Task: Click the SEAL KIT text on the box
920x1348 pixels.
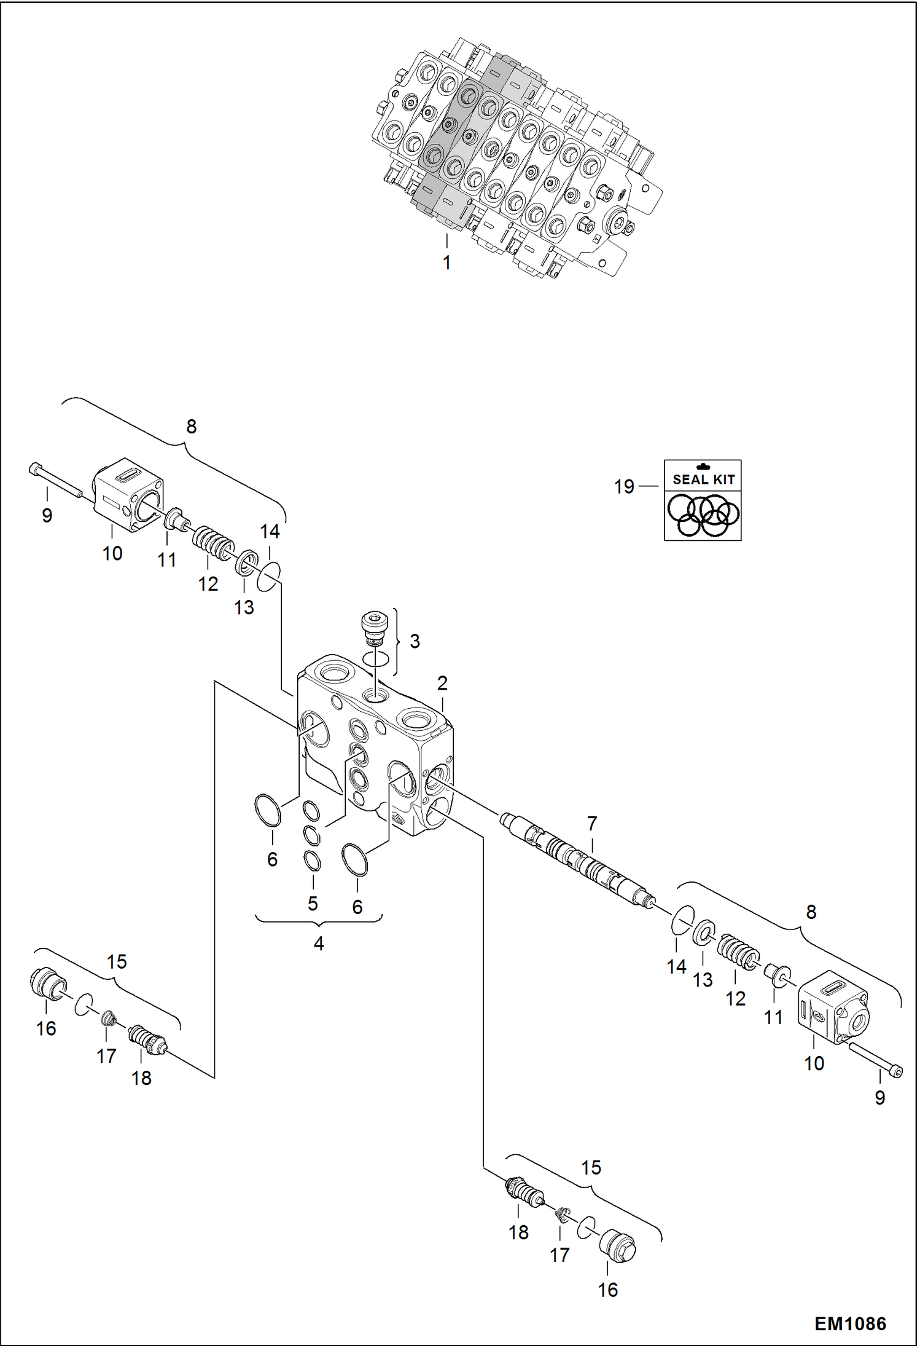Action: pos(703,479)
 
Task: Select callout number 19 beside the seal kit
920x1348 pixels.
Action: pos(624,487)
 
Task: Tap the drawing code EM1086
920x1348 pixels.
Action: pos(850,1323)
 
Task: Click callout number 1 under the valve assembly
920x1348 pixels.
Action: pos(446,262)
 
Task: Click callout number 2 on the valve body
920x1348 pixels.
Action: pos(442,683)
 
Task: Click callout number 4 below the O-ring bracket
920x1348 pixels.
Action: pos(319,944)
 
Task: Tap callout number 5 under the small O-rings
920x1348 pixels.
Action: pos(313,904)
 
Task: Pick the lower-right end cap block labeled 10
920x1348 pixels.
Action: pos(832,1007)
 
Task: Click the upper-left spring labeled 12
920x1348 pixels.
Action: pos(212,541)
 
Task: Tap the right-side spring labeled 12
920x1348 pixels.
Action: pos(738,952)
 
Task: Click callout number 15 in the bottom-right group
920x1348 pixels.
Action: pos(591,1167)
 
